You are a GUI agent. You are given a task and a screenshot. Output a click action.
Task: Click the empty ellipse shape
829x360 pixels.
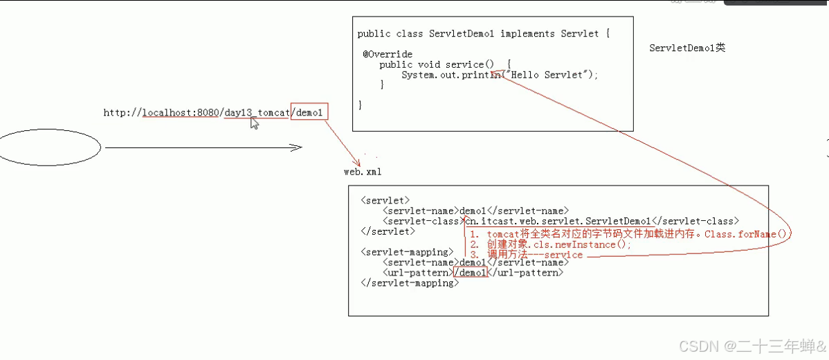(50, 147)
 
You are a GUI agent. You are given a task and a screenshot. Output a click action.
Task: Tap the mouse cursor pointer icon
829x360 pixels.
(255, 123)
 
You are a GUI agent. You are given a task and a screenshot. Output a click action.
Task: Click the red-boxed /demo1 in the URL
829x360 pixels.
(309, 112)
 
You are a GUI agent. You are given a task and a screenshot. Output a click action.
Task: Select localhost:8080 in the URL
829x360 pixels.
(181, 112)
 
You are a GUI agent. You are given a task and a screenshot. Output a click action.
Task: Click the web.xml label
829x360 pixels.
(362, 172)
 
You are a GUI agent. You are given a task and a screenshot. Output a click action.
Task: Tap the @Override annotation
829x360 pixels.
(388, 54)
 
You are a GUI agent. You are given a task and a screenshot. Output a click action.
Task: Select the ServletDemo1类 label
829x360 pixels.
(687, 48)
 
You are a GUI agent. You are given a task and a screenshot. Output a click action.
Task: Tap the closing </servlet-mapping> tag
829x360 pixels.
(409, 283)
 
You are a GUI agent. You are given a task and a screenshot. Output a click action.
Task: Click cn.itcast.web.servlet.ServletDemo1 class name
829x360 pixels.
(558, 222)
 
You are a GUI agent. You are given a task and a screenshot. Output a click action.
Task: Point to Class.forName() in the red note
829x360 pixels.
(747, 234)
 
